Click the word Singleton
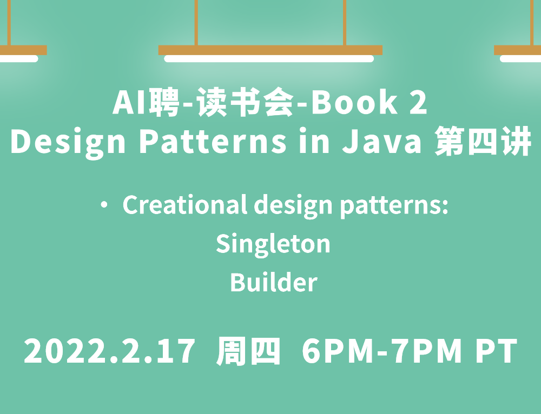pyautogui.click(x=273, y=244)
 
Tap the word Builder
pyautogui.click(x=274, y=282)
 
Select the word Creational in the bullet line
pyautogui.click(x=184, y=205)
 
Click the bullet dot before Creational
pyautogui.click(x=104, y=205)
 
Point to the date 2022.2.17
pyautogui.click(x=109, y=351)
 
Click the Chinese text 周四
pyautogui.click(x=248, y=351)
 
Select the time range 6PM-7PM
pyautogui.click(x=382, y=351)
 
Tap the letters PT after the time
pyautogui.click(x=497, y=351)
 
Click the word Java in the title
pyautogui.click(x=382, y=141)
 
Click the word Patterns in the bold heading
pyautogui.click(x=213, y=141)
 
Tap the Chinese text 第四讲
pyautogui.click(x=483, y=141)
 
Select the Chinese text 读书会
pyautogui.click(x=245, y=102)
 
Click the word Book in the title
pyautogui.click(x=354, y=102)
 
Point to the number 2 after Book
pyautogui.click(x=419, y=102)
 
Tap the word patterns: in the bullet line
pyautogui.click(x=394, y=206)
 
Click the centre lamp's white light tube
pyautogui.click(x=269, y=58)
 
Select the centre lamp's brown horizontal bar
pyautogui.click(x=270, y=50)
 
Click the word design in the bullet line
pyautogui.click(x=293, y=206)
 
